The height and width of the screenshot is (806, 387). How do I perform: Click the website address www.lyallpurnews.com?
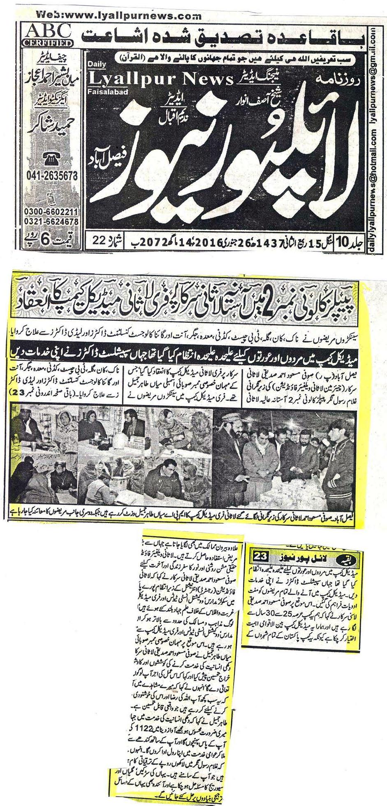click(x=119, y=16)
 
